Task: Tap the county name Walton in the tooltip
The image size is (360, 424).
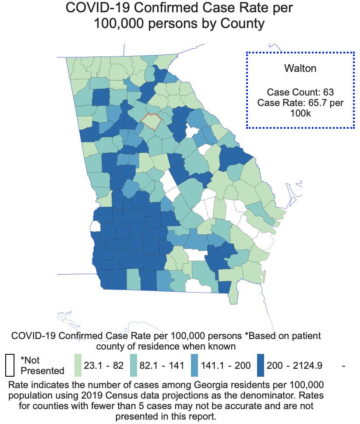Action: click(300, 68)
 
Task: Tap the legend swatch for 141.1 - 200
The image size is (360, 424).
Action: click(195, 365)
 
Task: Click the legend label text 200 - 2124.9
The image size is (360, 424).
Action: click(297, 365)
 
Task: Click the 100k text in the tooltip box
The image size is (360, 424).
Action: click(300, 113)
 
